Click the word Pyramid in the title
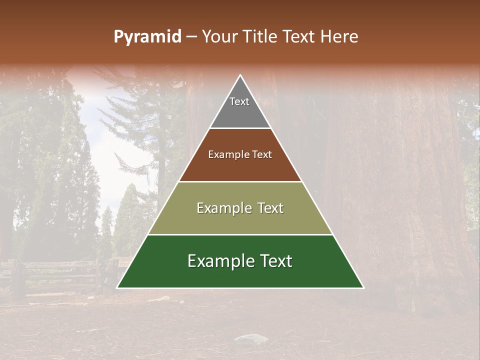pyautogui.click(x=147, y=37)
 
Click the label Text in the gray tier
pyautogui.click(x=239, y=101)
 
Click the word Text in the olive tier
pyautogui.click(x=268, y=208)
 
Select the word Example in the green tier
pyautogui.click(x=219, y=261)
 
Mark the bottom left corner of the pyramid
pyautogui.click(x=117, y=287)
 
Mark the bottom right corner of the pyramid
pyautogui.click(x=363, y=287)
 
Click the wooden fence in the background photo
pyautogui.click(x=55, y=275)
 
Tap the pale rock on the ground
pyautogui.click(x=251, y=339)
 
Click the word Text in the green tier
pyautogui.click(x=274, y=261)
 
